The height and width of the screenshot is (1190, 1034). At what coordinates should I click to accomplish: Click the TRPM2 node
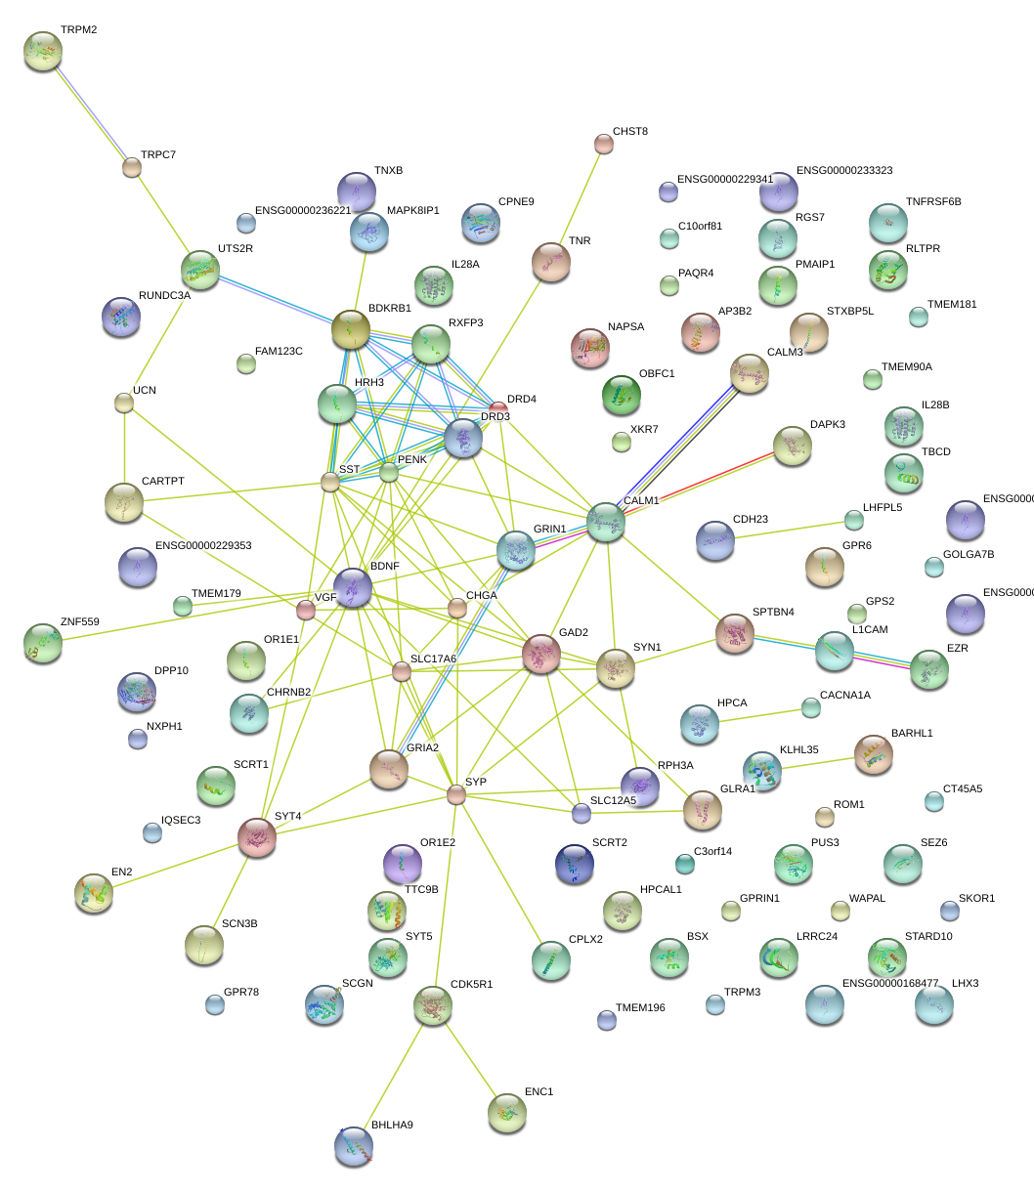coord(42,51)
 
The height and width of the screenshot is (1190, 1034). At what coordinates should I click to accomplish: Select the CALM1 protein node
coord(606,522)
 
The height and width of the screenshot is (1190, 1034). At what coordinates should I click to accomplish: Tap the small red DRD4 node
coord(498,406)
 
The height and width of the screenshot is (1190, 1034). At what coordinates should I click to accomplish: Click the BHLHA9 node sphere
coord(353,1146)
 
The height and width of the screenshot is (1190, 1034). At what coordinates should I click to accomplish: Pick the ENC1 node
coord(506,1112)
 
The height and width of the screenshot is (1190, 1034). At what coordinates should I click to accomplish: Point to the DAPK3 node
coord(793,446)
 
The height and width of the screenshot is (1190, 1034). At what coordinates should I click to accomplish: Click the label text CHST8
coord(630,131)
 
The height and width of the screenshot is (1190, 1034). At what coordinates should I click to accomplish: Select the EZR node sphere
coord(928,669)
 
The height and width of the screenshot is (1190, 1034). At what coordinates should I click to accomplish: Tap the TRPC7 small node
coord(132,167)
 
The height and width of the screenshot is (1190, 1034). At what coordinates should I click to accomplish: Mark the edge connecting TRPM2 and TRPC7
coord(88,110)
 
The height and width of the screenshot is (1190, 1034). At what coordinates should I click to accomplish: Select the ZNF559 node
coord(43,643)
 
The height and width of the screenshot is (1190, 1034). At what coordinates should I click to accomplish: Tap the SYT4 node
coord(258,837)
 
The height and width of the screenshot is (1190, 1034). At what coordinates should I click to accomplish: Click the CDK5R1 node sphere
coord(432,1004)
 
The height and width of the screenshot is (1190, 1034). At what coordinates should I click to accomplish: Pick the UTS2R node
coord(200,270)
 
